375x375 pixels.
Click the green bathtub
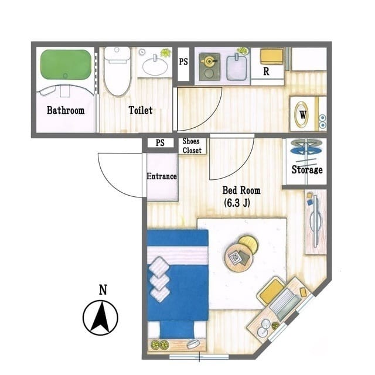66,64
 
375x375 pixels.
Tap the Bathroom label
66,110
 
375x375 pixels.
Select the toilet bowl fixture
117,71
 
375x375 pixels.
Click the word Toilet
141,110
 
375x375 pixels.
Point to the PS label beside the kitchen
183,62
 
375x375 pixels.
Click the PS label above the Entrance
160,143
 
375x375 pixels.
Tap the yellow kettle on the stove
209,61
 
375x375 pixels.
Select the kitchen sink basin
236,68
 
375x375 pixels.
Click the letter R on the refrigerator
266,71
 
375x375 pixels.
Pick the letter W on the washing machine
302,115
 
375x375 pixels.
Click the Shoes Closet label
192,146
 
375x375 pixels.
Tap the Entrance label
162,176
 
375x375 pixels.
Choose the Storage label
307,169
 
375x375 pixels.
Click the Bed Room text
241,190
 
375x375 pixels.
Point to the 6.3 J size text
237,203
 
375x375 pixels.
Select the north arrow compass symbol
100,318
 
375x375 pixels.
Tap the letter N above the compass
103,289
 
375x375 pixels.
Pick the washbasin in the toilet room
155,65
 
